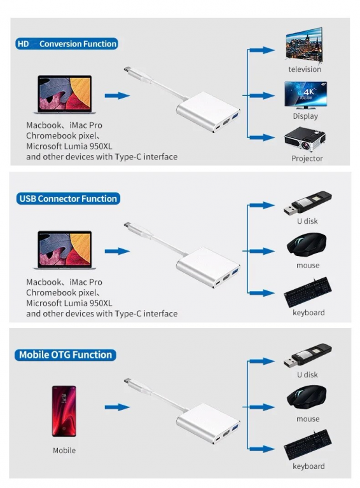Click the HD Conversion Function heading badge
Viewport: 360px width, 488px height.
coord(67,44)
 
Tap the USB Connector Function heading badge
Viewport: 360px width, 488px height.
coord(68,198)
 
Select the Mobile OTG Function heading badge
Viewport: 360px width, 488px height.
coord(66,355)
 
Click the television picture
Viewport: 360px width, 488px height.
coord(304,46)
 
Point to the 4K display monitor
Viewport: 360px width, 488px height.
coord(305,95)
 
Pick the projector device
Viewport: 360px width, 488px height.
coord(305,139)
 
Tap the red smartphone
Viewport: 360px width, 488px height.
coord(64,411)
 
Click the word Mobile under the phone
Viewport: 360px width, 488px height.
coord(64,451)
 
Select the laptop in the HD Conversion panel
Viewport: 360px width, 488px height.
coord(64,94)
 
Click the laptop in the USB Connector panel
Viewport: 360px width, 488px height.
coord(64,250)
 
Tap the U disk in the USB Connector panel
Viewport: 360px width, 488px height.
coord(307,203)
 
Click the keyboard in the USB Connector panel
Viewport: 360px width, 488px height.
coord(308,292)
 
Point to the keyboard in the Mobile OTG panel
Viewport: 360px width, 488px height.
coord(308,444)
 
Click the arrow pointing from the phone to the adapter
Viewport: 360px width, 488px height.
coord(117,407)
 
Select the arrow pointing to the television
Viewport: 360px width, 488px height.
coord(261,50)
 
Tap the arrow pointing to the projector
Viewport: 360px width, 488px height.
coord(261,137)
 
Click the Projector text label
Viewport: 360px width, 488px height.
coord(307,158)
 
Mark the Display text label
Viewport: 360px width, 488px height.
coord(305,116)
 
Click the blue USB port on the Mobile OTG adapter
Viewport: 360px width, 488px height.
coord(235,427)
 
